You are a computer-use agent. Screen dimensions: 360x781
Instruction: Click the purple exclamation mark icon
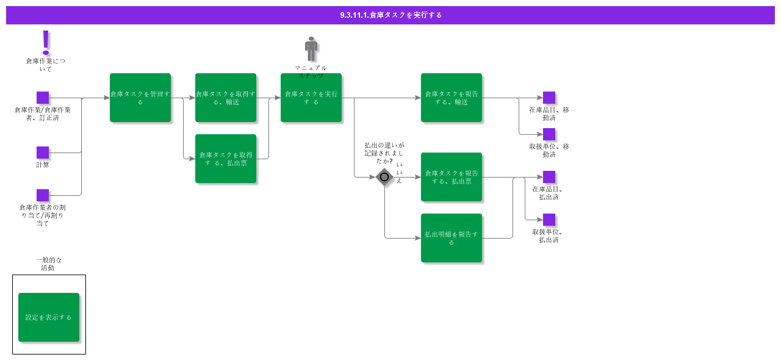pyautogui.click(x=46, y=41)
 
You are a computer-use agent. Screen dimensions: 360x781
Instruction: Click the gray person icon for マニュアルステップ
pyautogui.click(x=311, y=49)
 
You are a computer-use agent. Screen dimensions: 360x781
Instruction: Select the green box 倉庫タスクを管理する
pyautogui.click(x=140, y=98)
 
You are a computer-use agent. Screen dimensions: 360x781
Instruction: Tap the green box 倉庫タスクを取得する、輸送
pyautogui.click(x=226, y=98)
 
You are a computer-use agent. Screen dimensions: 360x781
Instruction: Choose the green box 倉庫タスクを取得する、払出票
pyautogui.click(x=226, y=159)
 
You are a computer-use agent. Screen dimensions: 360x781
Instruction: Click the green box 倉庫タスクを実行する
pyautogui.click(x=311, y=98)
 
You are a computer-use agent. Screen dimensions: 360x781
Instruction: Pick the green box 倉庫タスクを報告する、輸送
pyautogui.click(x=452, y=98)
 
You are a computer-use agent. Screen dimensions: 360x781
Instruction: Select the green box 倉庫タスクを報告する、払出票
pyautogui.click(x=452, y=177)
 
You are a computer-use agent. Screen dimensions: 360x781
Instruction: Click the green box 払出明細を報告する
pyautogui.click(x=452, y=238)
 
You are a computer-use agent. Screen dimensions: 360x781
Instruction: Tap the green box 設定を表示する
pyautogui.click(x=49, y=317)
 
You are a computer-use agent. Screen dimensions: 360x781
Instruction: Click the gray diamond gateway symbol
pyautogui.click(x=384, y=177)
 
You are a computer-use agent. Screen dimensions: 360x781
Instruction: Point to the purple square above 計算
pyautogui.click(x=43, y=153)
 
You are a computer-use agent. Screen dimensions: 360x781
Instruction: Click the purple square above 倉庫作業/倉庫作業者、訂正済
pyautogui.click(x=43, y=98)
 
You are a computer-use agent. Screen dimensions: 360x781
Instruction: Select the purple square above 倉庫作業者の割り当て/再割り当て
pyautogui.click(x=43, y=195)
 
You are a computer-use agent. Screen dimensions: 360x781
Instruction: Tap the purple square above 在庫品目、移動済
pyautogui.click(x=549, y=98)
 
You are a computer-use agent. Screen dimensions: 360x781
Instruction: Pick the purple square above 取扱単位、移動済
pyautogui.click(x=549, y=134)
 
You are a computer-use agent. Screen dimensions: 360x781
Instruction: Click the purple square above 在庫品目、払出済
pyautogui.click(x=549, y=177)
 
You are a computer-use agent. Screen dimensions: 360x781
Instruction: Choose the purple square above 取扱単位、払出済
pyautogui.click(x=549, y=220)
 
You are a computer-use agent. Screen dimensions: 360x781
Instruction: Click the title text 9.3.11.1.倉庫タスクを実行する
pyautogui.click(x=390, y=15)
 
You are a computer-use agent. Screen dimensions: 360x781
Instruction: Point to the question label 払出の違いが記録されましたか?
pyautogui.click(x=384, y=153)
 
